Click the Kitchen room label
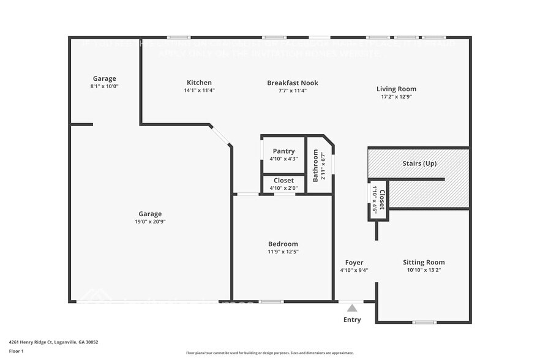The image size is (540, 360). pos(199,83)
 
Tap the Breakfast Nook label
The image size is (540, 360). pos(292,83)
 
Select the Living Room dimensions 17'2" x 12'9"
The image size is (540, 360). pos(396,97)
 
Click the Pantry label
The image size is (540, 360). pos(283,151)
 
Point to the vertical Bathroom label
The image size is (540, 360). pos(316,165)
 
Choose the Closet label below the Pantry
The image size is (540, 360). pos(283,181)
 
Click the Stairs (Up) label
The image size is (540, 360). pos(419,163)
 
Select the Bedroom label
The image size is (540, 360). pos(283,244)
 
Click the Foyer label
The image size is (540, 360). pos(354,262)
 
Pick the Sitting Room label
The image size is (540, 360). pos(424,262)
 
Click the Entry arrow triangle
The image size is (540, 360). pos(351,308)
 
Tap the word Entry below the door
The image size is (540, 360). pos(352,320)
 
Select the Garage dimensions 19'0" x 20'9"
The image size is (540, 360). pos(150,222)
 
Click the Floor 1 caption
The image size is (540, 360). pos(16,351)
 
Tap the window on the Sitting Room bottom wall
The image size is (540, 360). pos(424,322)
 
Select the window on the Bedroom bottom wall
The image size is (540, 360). pos(272,301)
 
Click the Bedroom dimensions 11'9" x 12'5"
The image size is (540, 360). pos(283,252)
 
